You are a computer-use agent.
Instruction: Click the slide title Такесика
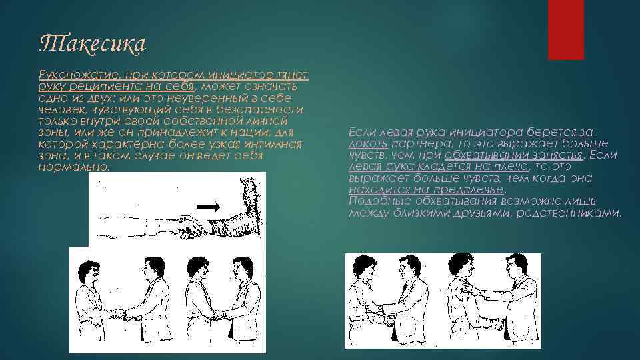coord(93,44)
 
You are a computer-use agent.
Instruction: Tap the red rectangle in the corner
coord(566,30)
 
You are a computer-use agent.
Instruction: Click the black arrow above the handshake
coord(208,207)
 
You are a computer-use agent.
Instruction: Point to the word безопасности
coord(259,110)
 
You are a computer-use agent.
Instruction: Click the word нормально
coord(74,167)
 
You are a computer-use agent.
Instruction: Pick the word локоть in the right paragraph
coord(368,144)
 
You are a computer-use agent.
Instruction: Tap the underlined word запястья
coord(554,155)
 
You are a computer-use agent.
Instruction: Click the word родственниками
coord(569,213)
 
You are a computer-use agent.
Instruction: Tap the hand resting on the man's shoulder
coord(468,289)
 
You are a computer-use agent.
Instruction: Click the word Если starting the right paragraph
coord(363,132)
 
